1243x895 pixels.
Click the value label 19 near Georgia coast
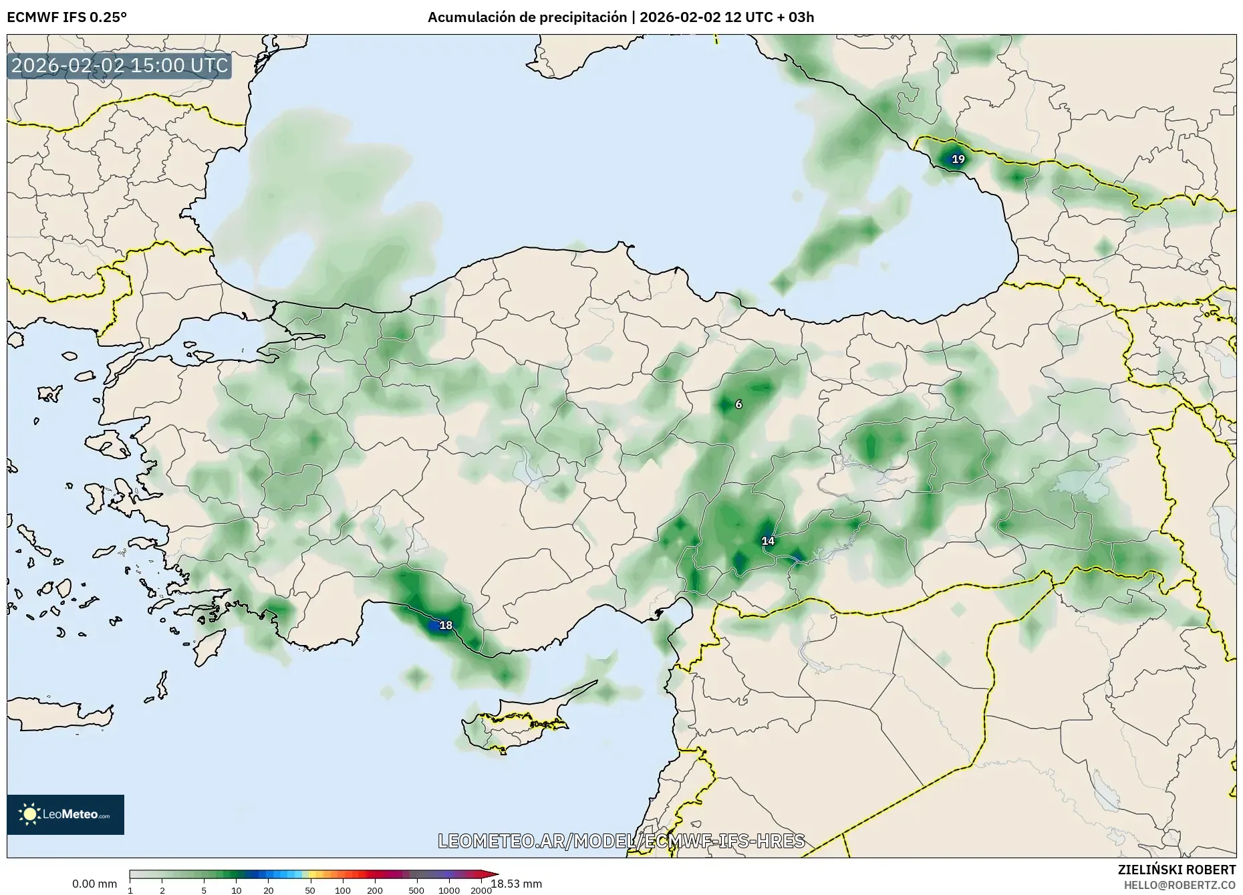pyautogui.click(x=958, y=159)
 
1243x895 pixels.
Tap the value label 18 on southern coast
pyautogui.click(x=446, y=626)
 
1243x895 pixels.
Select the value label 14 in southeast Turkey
pyautogui.click(x=768, y=541)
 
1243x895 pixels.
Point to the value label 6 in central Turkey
pyautogui.click(x=738, y=404)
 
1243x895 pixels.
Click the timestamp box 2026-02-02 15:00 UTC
pyautogui.click(x=120, y=66)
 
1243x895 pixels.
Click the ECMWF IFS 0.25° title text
pyautogui.click(x=67, y=17)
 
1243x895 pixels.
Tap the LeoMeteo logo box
pyautogui.click(x=65, y=814)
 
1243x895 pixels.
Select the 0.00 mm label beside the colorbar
pyautogui.click(x=94, y=884)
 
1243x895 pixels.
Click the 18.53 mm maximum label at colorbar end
pyautogui.click(x=517, y=884)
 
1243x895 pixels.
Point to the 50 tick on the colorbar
pyautogui.click(x=309, y=890)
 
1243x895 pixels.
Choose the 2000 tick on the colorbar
pyautogui.click(x=481, y=890)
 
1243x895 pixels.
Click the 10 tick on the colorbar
pyautogui.click(x=237, y=890)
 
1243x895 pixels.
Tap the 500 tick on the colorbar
pyautogui.click(x=416, y=890)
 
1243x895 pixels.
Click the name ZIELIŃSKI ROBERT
pyautogui.click(x=1176, y=870)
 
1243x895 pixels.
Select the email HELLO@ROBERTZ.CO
pyautogui.click(x=1180, y=884)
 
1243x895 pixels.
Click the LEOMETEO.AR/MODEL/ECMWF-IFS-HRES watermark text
pyautogui.click(x=621, y=841)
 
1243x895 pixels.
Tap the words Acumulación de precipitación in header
pyautogui.click(x=527, y=17)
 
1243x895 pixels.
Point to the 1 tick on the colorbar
pyautogui.click(x=130, y=890)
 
